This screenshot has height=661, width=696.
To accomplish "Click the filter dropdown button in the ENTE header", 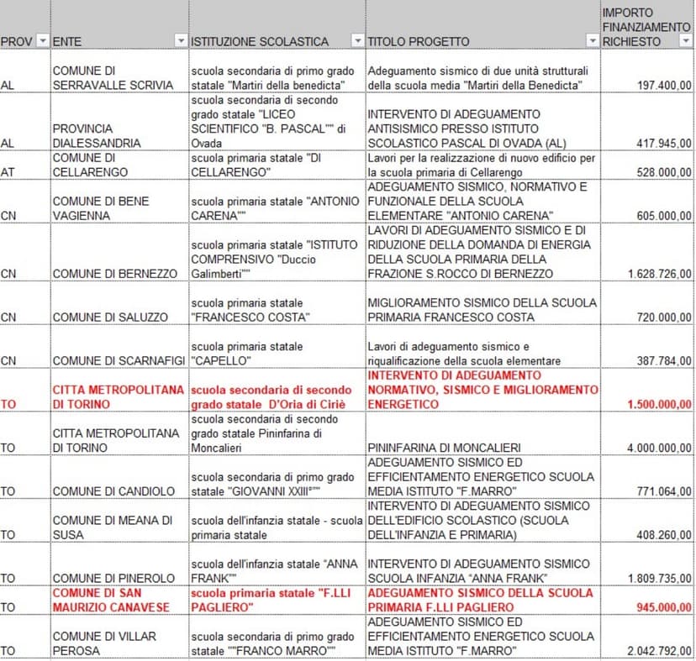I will click(180, 41).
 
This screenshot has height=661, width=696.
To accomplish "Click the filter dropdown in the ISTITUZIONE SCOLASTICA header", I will click(357, 41).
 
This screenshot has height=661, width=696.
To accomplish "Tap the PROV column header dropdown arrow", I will click(44, 41).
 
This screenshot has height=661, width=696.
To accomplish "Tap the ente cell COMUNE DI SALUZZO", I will click(109, 317).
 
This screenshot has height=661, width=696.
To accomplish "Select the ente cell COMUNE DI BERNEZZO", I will click(115, 274).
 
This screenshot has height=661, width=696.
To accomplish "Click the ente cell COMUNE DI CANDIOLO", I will click(113, 491).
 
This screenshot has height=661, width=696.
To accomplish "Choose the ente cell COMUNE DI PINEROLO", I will click(113, 578).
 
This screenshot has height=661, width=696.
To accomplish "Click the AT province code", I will click(8, 172).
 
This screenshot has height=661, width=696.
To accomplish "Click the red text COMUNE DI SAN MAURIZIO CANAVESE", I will click(112, 601).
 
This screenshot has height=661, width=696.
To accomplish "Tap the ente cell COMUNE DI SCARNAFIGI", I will click(119, 360).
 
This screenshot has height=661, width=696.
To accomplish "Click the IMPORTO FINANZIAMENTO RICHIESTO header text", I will click(646, 27).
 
